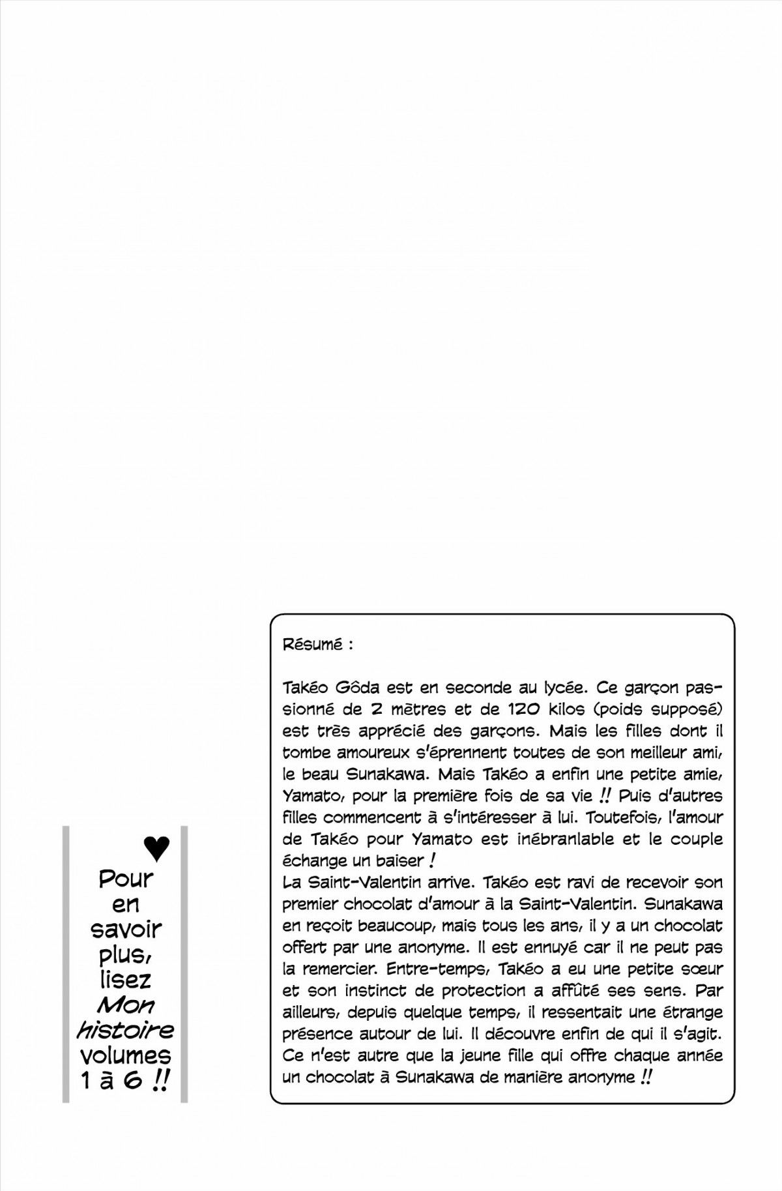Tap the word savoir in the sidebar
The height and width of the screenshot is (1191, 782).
pyautogui.click(x=125, y=929)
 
